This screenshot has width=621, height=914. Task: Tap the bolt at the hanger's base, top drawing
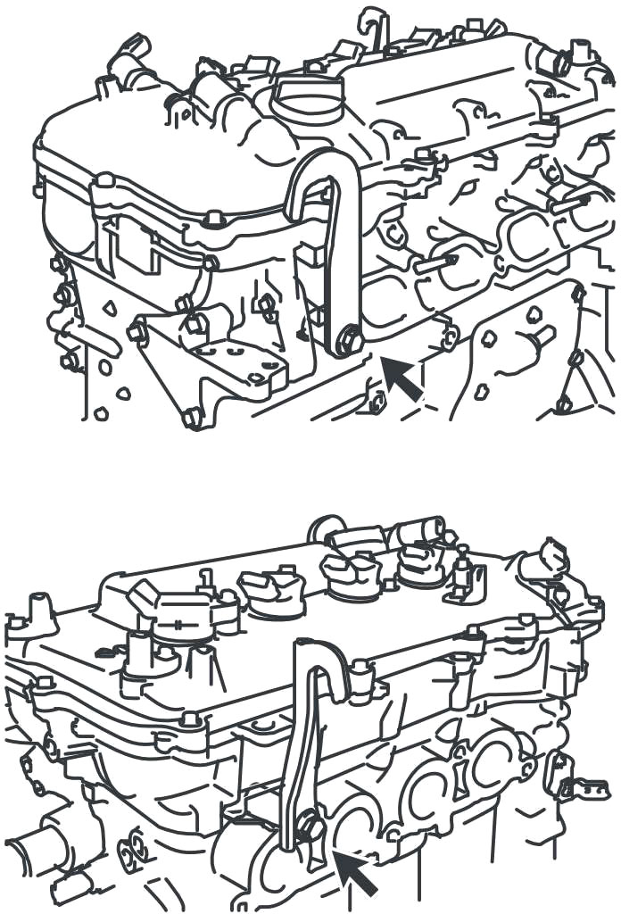349,340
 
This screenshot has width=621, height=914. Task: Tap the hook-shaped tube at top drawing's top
369,21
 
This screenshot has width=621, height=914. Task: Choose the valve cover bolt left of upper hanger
214,218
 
